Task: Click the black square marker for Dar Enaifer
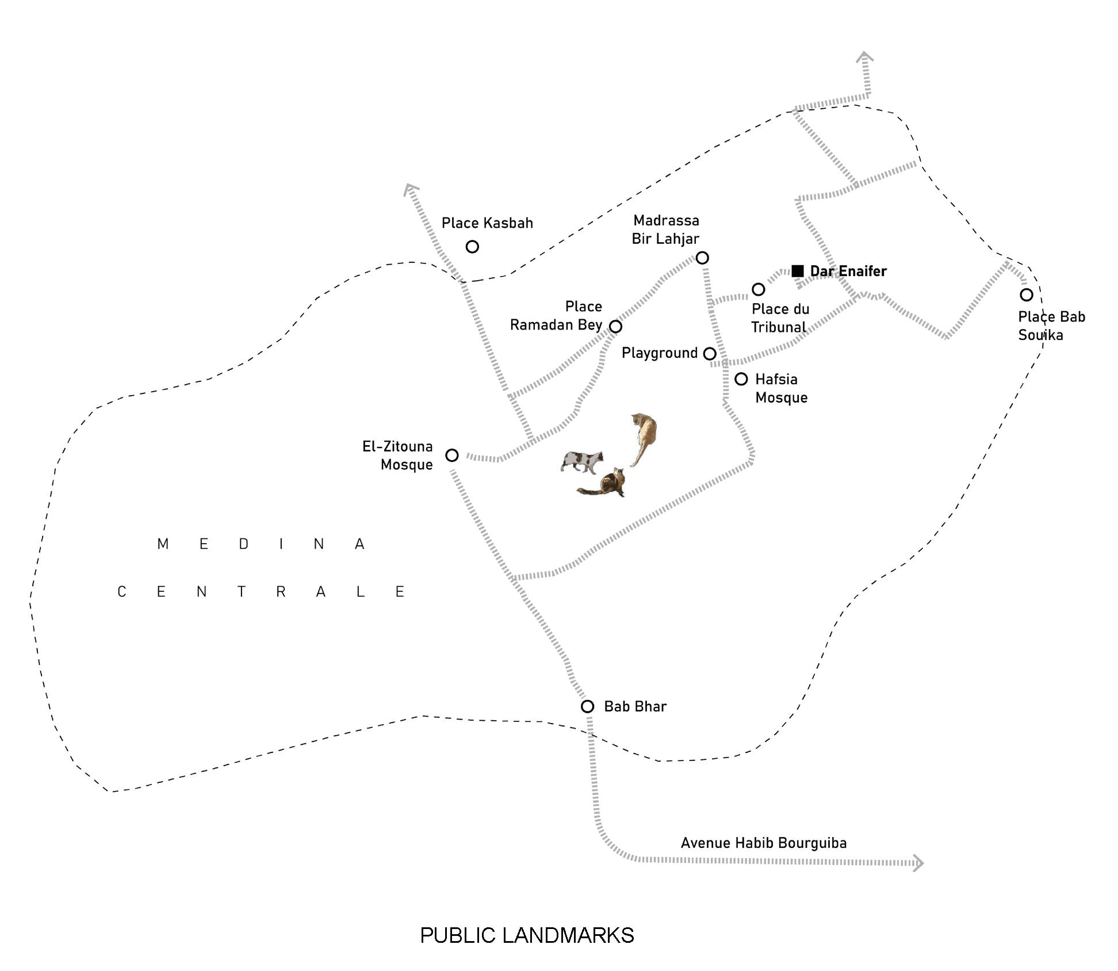[x=797, y=270]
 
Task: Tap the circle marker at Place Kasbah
[x=472, y=247]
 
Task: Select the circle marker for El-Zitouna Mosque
[x=452, y=456]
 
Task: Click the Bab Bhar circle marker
[x=587, y=706]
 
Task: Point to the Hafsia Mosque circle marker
[x=741, y=379]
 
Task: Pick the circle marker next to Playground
[x=710, y=354]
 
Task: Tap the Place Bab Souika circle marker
[x=1027, y=295]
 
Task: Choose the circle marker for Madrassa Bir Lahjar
[x=702, y=258]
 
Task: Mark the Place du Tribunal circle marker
[x=759, y=289]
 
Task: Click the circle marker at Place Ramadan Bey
[x=615, y=327]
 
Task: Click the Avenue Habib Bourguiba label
[x=763, y=843]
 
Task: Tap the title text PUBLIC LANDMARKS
[x=527, y=936]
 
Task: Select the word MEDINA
[x=261, y=544]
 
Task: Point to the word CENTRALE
[x=261, y=592]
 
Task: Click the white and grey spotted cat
[x=582, y=461]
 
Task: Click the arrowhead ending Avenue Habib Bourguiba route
[x=918, y=863]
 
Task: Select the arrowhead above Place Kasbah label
[x=410, y=189]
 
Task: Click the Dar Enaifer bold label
[x=848, y=271]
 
